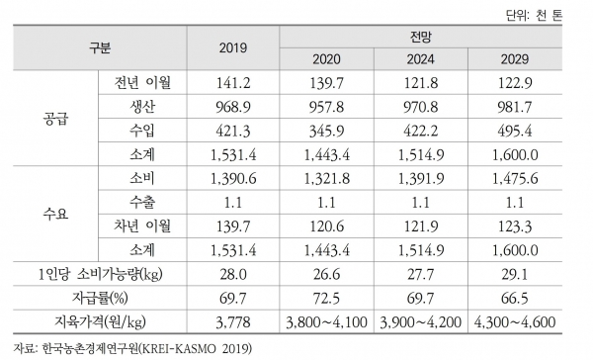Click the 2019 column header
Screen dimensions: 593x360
[x=233, y=48]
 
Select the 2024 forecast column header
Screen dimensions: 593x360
[x=421, y=59]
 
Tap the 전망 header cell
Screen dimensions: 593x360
[x=421, y=38]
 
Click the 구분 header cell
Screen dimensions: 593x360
[x=100, y=48]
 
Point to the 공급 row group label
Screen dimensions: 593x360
[x=55, y=119]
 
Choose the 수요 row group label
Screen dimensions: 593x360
[x=55, y=214]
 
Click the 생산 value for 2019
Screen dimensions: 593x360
[x=233, y=107]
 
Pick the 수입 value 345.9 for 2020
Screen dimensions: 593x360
[x=327, y=131]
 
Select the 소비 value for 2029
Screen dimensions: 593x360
[x=515, y=178]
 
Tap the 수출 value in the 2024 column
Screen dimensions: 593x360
[x=421, y=203]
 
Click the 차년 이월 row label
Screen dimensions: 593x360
[x=142, y=226]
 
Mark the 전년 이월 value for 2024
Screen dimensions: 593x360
[x=421, y=83]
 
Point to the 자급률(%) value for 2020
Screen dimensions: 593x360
[x=327, y=298]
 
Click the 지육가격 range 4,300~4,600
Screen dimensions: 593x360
[x=515, y=322]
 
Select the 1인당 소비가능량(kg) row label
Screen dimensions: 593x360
[x=100, y=274]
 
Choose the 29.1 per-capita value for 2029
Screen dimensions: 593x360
[x=515, y=274]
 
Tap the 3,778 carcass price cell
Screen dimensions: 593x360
[x=233, y=322]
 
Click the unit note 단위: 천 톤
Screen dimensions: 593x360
[x=534, y=16]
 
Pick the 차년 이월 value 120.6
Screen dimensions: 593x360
[x=327, y=226]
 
